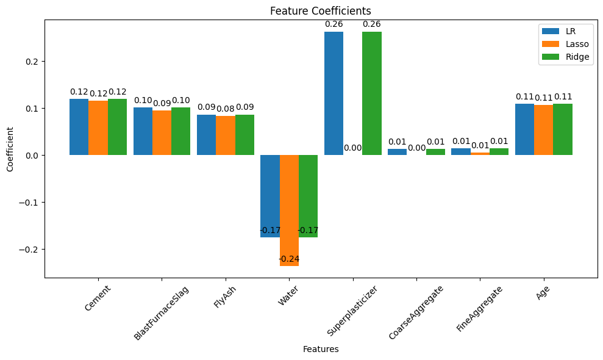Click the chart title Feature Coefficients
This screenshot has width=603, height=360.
(x=321, y=11)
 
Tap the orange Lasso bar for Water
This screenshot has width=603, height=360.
(x=289, y=211)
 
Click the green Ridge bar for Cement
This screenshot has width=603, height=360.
(x=117, y=127)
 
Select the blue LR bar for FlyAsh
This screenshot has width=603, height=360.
(x=206, y=135)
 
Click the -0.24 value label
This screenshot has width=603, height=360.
(x=289, y=259)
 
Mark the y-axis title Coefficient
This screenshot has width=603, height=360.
(x=10, y=149)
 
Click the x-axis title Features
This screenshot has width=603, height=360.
(x=321, y=350)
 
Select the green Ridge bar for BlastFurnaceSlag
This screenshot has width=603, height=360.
(x=181, y=131)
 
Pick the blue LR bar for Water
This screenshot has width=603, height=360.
(x=269, y=196)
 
